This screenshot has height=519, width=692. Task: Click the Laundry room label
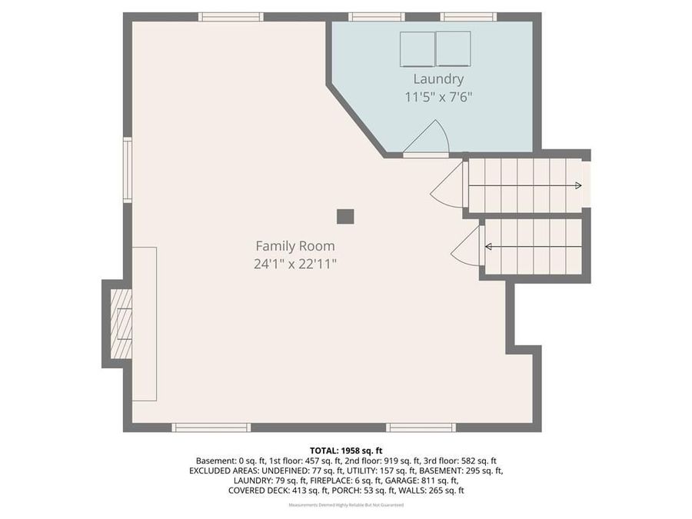tap(438, 78)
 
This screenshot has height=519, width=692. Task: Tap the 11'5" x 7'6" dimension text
tap(438, 97)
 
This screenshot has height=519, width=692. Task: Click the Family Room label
tap(295, 246)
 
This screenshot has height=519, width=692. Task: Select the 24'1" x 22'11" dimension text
tap(296, 264)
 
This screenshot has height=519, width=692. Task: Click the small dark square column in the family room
tap(345, 216)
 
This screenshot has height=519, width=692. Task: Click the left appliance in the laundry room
tap(417, 48)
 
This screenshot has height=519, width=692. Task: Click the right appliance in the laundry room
tap(454, 48)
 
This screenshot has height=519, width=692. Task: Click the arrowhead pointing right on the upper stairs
tap(577, 185)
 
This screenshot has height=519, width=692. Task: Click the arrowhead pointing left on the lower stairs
tap(488, 247)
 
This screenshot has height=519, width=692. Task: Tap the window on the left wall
tap(128, 169)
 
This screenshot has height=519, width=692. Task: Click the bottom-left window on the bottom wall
tap(211, 428)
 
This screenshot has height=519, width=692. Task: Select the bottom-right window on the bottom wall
tap(421, 428)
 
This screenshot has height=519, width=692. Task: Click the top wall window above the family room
tap(231, 17)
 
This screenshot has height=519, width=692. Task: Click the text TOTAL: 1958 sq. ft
tap(346, 450)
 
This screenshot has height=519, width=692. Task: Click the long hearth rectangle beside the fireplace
tap(145, 323)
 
